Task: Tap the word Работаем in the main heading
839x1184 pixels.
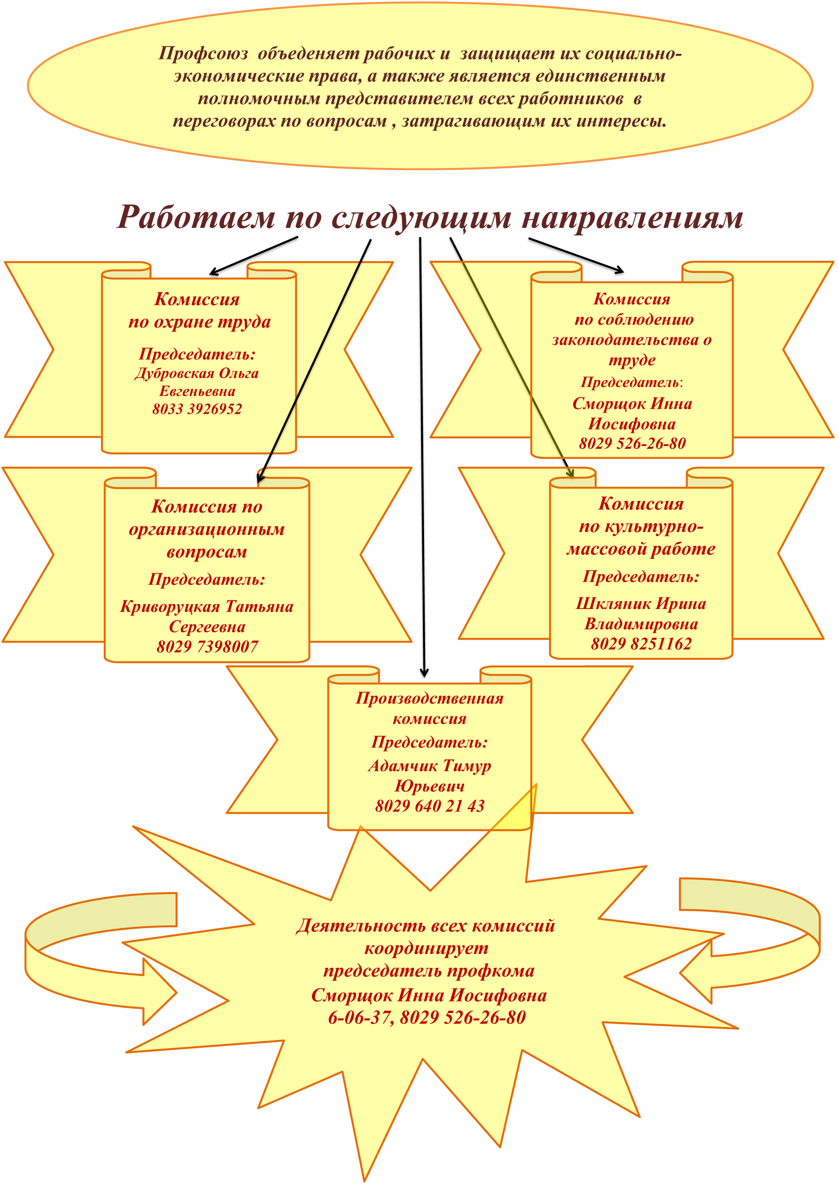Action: [196, 217]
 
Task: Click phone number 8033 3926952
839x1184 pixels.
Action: [197, 409]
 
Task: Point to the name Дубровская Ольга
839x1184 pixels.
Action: [196, 373]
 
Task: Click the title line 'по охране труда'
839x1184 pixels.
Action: [200, 322]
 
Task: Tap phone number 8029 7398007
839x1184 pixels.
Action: [207, 646]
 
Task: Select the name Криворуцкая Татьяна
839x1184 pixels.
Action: [207, 606]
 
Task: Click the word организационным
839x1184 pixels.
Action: [207, 530]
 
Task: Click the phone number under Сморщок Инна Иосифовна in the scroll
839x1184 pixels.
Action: [632, 443]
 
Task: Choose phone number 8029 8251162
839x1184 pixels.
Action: [641, 644]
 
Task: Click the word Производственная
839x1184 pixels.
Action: [429, 698]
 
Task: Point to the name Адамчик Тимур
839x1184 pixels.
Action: [429, 765]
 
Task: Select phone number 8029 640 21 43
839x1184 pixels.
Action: [430, 806]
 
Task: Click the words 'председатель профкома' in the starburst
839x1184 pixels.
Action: [429, 971]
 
